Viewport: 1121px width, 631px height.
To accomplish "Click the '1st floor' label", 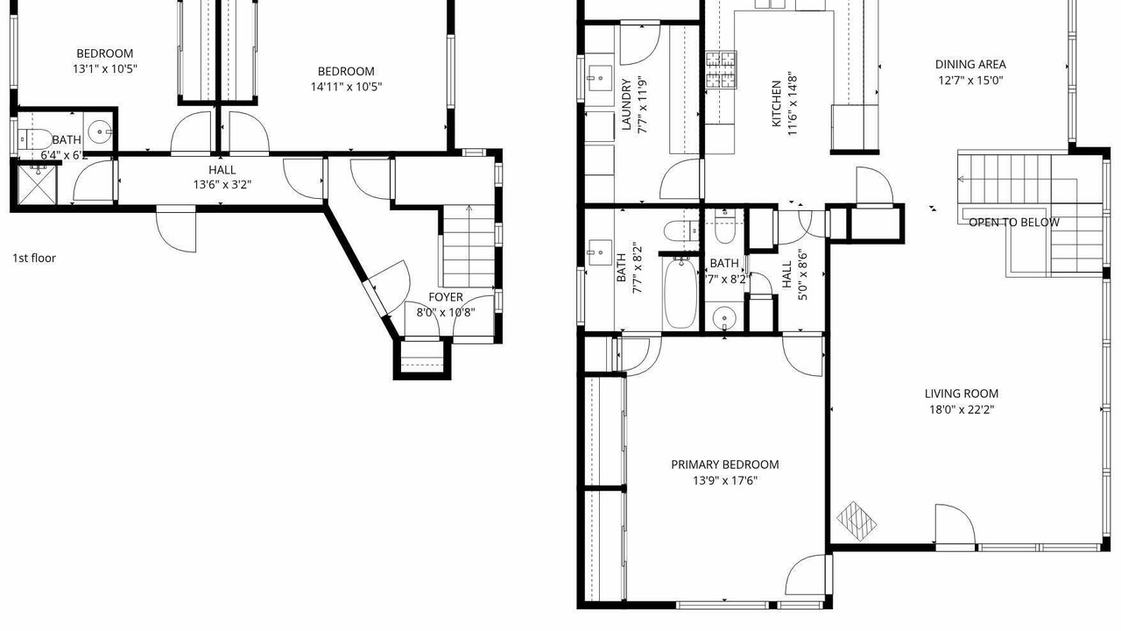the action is click(x=34, y=258).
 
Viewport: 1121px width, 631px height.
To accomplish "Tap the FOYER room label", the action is click(x=446, y=297).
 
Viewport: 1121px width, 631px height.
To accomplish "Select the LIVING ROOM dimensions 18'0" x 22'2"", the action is click(x=962, y=409).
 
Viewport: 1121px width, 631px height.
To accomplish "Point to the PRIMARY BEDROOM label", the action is click(x=724, y=464).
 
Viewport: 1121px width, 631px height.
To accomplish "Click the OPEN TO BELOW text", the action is click(x=1014, y=223).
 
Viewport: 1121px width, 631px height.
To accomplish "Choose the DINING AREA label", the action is click(x=970, y=64).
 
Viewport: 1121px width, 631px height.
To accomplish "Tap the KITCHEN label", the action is click(x=777, y=104).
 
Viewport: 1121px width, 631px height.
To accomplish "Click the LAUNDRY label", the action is click(x=626, y=104).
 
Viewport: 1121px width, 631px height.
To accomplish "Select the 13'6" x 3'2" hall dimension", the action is click(x=222, y=185).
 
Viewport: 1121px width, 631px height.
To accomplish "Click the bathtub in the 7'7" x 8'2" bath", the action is click(x=680, y=293).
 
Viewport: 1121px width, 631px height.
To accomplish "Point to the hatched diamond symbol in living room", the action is click(x=857, y=521).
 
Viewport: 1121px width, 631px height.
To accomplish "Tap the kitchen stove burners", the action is click(x=721, y=69).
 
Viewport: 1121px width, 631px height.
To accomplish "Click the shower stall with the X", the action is click(x=37, y=185).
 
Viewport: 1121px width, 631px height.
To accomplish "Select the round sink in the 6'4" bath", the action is click(x=101, y=131).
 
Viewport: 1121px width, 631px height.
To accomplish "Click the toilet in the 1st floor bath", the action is click(x=35, y=138).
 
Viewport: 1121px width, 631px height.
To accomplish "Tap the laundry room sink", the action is click(x=600, y=78).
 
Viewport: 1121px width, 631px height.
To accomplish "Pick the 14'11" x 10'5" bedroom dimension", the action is click(x=346, y=87).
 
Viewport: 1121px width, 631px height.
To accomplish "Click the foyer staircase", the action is click(x=469, y=246).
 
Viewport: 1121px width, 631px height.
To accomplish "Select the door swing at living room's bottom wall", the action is click(x=955, y=526).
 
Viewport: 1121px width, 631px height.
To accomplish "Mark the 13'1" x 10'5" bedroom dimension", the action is click(x=104, y=69).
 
